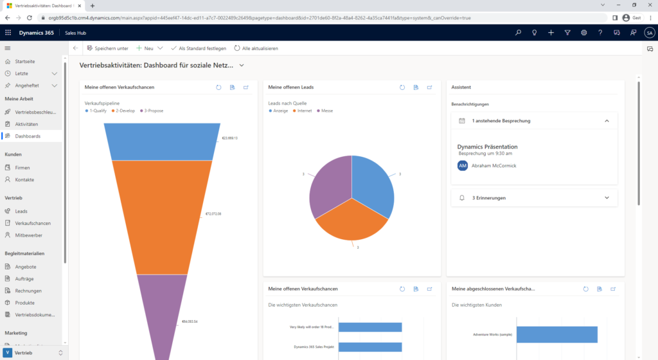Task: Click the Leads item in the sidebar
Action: click(x=21, y=211)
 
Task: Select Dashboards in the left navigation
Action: click(x=28, y=136)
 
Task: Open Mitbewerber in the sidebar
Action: click(x=28, y=235)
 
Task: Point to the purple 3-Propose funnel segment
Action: click(x=161, y=315)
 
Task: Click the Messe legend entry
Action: click(x=326, y=111)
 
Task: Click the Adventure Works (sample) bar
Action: click(x=556, y=334)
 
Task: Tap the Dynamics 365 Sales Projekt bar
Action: click(x=369, y=347)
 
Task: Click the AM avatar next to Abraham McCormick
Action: click(x=463, y=166)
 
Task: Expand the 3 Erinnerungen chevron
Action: click(x=607, y=198)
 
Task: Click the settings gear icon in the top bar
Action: click(x=583, y=32)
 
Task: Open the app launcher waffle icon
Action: click(x=8, y=32)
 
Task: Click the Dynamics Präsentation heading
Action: click(x=487, y=147)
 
